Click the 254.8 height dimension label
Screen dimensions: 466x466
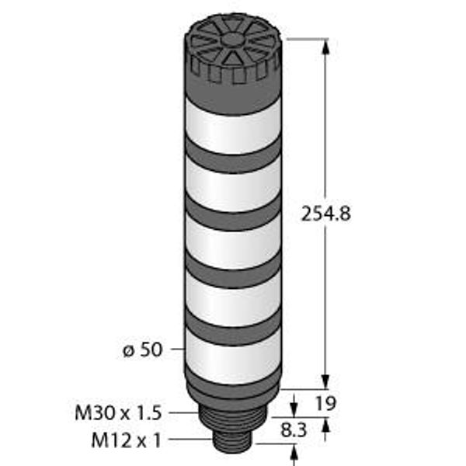click(326, 214)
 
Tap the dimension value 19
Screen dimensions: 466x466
click(325, 403)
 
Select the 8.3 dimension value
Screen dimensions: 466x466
click(294, 430)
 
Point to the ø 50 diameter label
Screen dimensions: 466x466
click(143, 349)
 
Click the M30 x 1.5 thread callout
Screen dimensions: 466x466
click(118, 413)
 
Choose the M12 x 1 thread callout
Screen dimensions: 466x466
click(127, 440)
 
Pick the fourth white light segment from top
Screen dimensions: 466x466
click(233, 299)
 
